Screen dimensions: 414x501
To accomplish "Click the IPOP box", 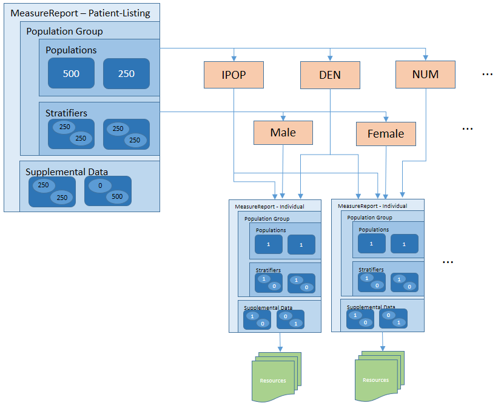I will click(234, 75).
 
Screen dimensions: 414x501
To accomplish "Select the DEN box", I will click(330, 75).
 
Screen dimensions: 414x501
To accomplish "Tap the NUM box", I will click(425, 75).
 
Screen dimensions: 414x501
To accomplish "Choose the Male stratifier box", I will click(283, 133).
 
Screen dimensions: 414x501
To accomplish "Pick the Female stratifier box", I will click(386, 134).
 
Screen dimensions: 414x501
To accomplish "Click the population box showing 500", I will click(72, 73).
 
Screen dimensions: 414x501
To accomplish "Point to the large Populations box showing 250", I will click(126, 73).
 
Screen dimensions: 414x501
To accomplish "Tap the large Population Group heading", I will click(64, 31).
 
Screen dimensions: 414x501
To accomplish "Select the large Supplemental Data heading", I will click(67, 172).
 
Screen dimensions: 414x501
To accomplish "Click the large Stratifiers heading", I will click(66, 113).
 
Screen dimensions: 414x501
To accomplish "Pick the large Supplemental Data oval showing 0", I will click(99, 186).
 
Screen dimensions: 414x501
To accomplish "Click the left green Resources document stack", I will click(274, 379).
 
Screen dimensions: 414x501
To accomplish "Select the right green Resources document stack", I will click(376, 379).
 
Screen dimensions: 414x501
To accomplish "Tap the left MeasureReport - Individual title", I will click(269, 207).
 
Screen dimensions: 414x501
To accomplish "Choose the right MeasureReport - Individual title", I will click(372, 206).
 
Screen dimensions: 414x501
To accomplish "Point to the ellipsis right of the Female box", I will click(467, 129).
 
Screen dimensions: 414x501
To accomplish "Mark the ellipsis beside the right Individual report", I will click(448, 262).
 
